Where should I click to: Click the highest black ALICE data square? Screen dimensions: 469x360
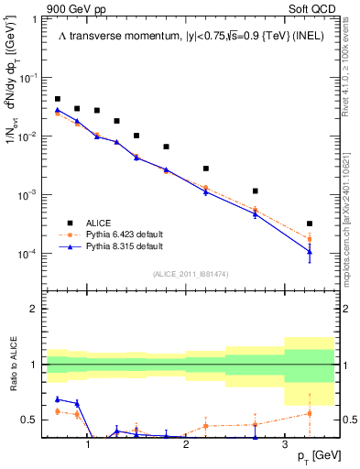click(58, 99)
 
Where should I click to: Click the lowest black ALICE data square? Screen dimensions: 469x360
click(310, 224)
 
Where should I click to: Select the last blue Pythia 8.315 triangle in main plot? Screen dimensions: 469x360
click(310, 252)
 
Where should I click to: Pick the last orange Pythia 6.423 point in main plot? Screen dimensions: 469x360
click(310, 239)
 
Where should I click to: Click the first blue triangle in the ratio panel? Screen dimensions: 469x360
click(58, 399)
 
